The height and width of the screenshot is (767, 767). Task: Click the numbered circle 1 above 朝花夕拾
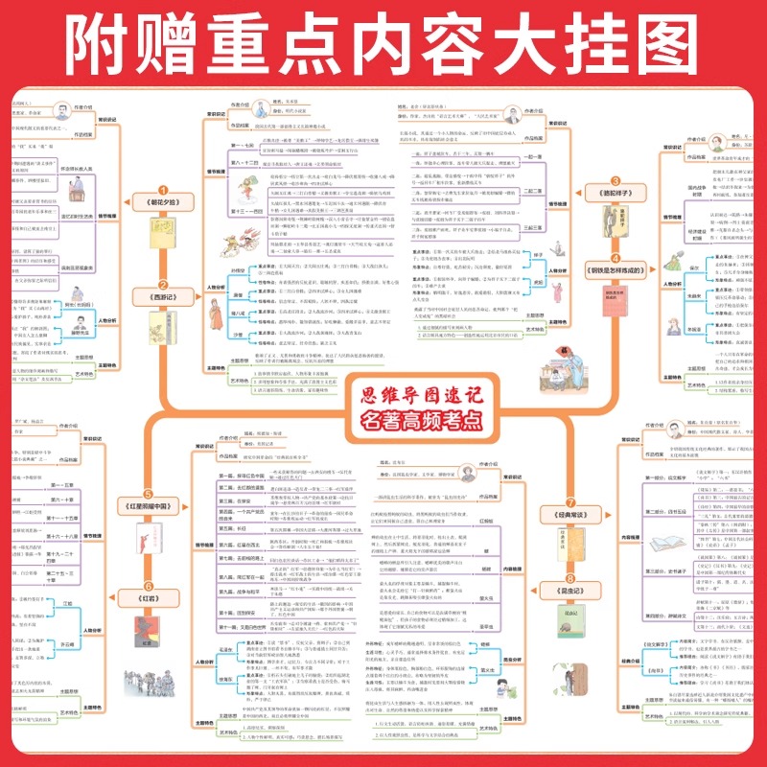(x=162, y=189)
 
